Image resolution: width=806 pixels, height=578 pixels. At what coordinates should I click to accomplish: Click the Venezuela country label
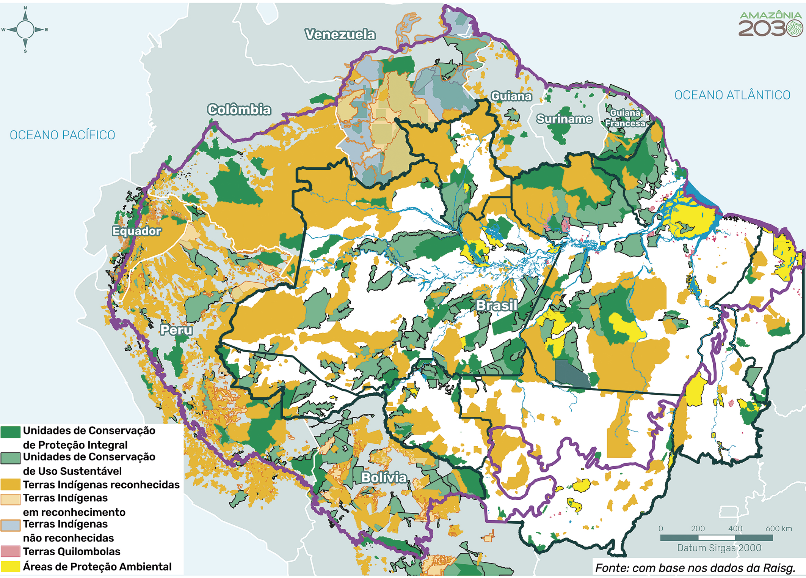(340, 35)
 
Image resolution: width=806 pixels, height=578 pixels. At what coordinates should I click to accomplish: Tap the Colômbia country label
(239, 110)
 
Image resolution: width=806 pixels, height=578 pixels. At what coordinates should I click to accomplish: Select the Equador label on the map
(136, 231)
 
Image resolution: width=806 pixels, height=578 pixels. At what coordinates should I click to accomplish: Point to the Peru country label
(176, 329)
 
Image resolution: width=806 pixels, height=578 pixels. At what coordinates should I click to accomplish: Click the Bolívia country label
(384, 477)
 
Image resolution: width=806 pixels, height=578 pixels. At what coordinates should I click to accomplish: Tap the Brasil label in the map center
(496, 305)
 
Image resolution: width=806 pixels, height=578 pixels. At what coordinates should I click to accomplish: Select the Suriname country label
(564, 119)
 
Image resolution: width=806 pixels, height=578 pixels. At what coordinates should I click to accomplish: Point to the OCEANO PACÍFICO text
(63, 135)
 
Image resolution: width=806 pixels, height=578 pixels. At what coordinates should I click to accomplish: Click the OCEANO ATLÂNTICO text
(732, 95)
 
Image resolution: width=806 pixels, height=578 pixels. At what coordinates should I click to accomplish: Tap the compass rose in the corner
(25, 30)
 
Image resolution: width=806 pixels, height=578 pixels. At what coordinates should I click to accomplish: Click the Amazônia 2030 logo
(770, 24)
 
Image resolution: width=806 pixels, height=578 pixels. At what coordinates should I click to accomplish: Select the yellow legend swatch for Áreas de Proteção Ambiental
(10, 567)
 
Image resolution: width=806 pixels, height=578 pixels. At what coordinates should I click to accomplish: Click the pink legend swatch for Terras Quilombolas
(10, 551)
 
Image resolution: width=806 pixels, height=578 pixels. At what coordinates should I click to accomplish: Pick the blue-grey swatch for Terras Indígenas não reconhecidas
(10, 525)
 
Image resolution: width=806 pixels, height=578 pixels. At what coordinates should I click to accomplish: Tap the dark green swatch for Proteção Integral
(10, 432)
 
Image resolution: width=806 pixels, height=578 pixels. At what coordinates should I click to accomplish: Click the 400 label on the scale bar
(735, 529)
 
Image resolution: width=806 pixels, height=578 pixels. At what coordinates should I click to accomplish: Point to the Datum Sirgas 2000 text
(719, 548)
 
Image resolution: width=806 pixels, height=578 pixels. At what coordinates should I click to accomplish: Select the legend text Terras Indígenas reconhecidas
(101, 485)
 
